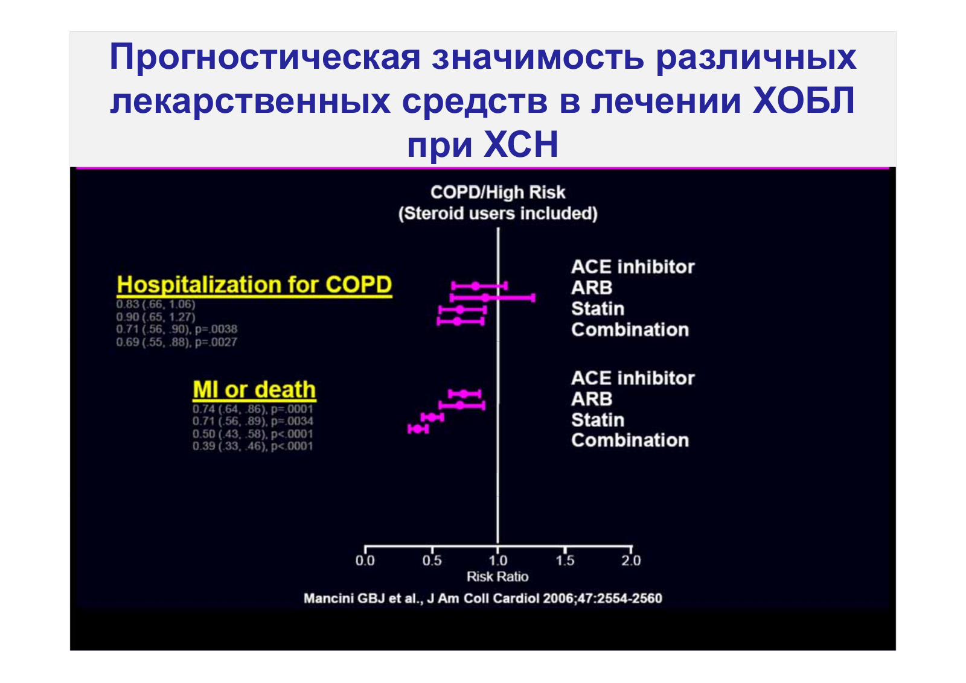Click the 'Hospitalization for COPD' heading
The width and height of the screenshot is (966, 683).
[x=254, y=285]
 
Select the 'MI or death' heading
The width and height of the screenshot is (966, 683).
[x=254, y=390]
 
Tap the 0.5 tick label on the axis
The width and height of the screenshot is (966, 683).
[x=432, y=560]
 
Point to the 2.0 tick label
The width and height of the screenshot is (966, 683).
[x=632, y=560]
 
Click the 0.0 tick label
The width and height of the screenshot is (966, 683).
[x=365, y=560]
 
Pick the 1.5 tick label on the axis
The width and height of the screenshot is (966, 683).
[x=565, y=560]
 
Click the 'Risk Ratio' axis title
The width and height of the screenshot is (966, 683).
[x=497, y=577]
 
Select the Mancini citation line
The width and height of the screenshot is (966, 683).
[x=483, y=598]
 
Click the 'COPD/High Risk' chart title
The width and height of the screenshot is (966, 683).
[x=497, y=192]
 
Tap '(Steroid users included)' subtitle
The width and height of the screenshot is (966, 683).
[x=497, y=214]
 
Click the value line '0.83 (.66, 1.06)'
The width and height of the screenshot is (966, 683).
[x=156, y=305]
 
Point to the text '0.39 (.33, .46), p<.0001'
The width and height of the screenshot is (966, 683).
[x=253, y=446]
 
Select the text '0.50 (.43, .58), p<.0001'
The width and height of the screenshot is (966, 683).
[x=253, y=433]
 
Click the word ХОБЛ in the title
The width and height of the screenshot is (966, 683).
[x=804, y=101]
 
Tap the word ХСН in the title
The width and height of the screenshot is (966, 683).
[x=521, y=145]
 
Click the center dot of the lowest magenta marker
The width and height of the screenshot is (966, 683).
[x=417, y=429]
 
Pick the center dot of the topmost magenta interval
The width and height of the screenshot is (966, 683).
[x=475, y=286]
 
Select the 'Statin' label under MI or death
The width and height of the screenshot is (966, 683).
[x=598, y=420]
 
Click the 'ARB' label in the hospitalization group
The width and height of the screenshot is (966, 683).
[x=592, y=288]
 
